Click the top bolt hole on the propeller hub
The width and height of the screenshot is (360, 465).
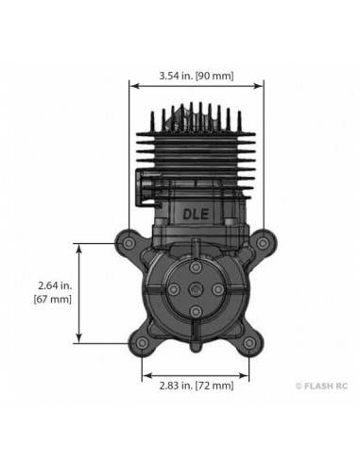(x=194, y=269)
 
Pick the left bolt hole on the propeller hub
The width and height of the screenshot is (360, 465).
(x=172, y=291)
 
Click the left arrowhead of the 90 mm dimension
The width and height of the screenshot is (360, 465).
(x=132, y=82)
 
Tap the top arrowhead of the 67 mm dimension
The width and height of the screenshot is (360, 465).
(x=81, y=246)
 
